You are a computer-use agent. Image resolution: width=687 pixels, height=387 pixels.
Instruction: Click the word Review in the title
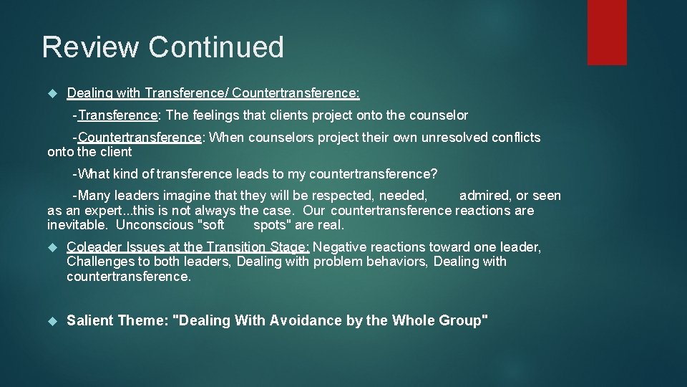tap(91, 47)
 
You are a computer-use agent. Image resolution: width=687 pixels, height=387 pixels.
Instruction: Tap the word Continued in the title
tap(216, 47)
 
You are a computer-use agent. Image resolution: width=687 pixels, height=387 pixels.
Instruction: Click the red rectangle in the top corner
tap(607, 32)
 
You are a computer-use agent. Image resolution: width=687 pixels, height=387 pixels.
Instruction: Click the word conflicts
tap(517, 138)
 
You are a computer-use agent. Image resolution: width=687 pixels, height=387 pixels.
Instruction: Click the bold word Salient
tap(90, 321)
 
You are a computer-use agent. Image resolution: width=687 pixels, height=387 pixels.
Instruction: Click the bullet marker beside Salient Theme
tap(51, 321)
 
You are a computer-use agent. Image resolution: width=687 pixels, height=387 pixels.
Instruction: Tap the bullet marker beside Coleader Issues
tap(51, 247)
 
